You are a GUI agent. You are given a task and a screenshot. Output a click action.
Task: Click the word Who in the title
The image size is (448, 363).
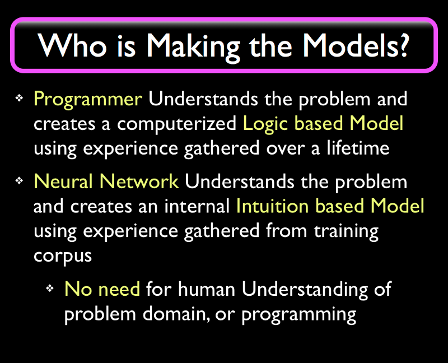(x=72, y=45)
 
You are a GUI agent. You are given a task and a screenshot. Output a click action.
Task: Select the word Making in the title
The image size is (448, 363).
(x=193, y=47)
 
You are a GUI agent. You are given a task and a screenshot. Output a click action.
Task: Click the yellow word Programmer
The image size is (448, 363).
(x=88, y=100)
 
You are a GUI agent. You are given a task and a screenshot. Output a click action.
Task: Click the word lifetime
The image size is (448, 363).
(x=358, y=148)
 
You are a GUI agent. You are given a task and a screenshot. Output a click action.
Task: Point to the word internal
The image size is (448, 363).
(x=197, y=206)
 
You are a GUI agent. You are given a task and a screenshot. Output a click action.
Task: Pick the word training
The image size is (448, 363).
(x=346, y=232)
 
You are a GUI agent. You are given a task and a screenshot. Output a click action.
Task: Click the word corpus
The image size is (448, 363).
(x=63, y=257)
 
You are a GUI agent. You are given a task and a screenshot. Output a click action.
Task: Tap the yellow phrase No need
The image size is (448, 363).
(x=102, y=289)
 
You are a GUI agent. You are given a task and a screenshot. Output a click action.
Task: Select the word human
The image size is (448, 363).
(x=206, y=289)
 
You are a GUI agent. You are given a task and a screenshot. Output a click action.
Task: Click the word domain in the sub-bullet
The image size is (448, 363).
(x=174, y=314)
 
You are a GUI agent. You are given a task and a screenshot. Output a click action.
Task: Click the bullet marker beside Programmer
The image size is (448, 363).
(x=19, y=99)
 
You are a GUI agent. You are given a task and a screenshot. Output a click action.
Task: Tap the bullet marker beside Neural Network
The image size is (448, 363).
(x=19, y=180)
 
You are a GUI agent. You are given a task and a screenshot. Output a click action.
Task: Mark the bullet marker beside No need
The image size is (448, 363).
(x=50, y=288)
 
